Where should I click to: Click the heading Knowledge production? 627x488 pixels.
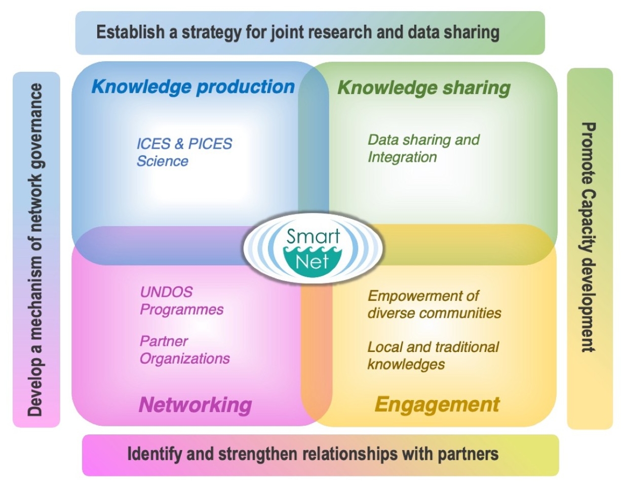(x=193, y=87)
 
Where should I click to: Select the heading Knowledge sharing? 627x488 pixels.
(x=424, y=87)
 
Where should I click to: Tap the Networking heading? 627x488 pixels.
(x=195, y=405)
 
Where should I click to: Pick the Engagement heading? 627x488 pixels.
(x=437, y=405)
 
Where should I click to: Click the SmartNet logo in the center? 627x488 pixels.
(x=313, y=248)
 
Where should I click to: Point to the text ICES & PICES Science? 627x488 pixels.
(x=184, y=152)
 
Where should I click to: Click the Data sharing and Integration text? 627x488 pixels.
(x=423, y=148)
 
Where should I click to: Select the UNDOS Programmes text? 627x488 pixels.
(x=181, y=300)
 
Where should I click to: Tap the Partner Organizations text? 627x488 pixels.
(x=184, y=350)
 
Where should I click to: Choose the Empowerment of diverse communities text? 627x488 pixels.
(x=434, y=304)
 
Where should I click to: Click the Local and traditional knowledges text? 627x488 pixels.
(x=433, y=356)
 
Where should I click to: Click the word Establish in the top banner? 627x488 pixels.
(x=130, y=32)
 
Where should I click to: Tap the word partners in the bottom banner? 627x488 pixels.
(x=468, y=454)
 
